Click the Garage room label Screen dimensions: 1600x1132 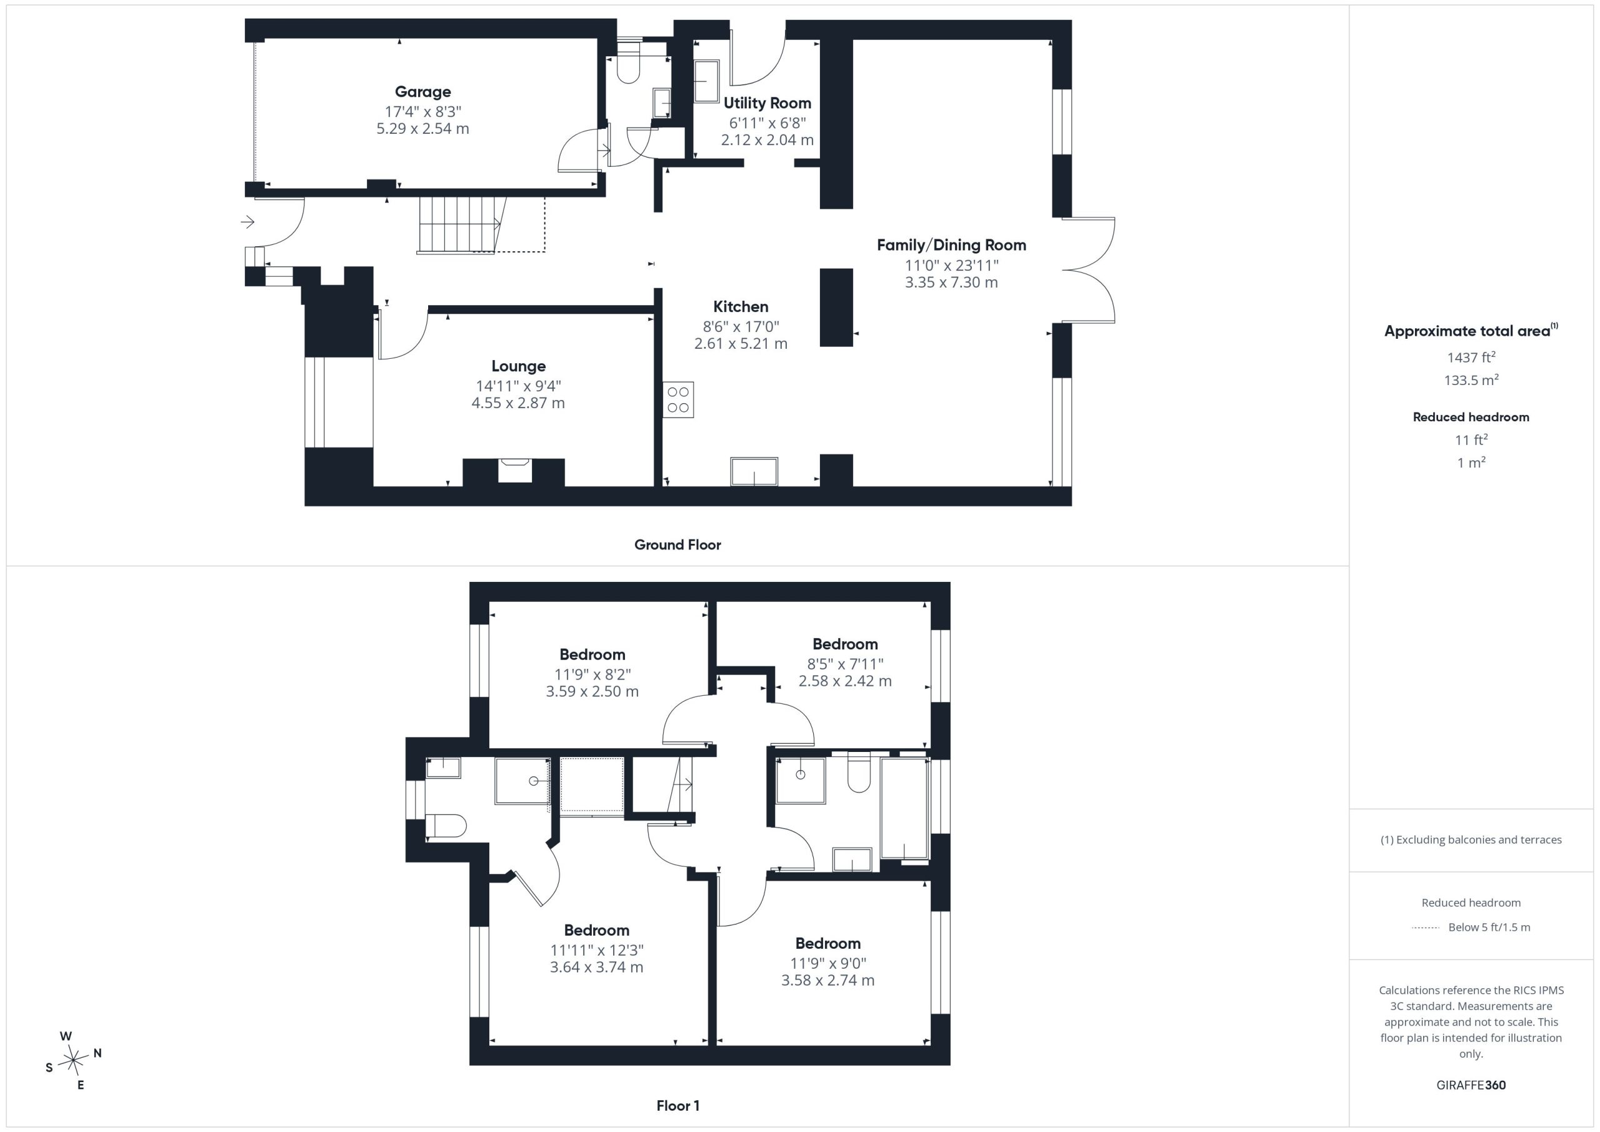pyautogui.click(x=422, y=91)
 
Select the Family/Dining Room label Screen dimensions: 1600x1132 pyautogui.click(x=951, y=246)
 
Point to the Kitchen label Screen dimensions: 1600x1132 pyautogui.click(x=740, y=307)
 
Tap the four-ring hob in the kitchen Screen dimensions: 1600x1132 pyautogui.click(x=678, y=399)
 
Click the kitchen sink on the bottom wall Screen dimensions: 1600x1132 pyautogui.click(x=754, y=472)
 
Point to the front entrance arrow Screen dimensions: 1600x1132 pyautogui.click(x=247, y=223)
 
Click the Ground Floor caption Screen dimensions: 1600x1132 pyautogui.click(x=677, y=545)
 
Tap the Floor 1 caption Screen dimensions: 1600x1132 pyautogui.click(x=677, y=1106)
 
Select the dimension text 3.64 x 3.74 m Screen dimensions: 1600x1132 pyautogui.click(x=596, y=967)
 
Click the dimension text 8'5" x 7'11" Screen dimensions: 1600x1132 pyautogui.click(x=844, y=664)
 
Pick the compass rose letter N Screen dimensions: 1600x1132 pyautogui.click(x=97, y=1053)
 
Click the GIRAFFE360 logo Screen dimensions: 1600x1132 pyautogui.click(x=1471, y=1085)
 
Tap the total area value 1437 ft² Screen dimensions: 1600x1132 pyautogui.click(x=1471, y=358)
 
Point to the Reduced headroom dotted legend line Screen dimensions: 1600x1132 pyautogui.click(x=1425, y=928)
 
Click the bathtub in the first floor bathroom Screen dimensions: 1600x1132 pyautogui.click(x=904, y=809)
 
